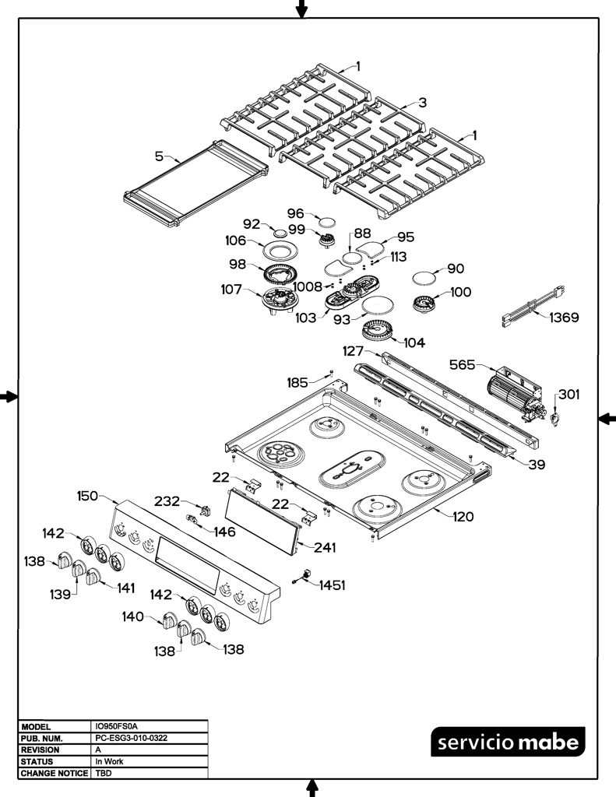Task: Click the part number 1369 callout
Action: coord(564,318)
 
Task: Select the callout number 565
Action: coord(462,365)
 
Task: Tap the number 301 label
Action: coord(569,395)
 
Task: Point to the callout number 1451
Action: coord(333,585)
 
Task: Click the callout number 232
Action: coord(167,501)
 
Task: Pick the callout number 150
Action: coord(87,496)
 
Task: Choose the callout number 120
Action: coord(463,517)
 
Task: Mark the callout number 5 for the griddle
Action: coord(159,156)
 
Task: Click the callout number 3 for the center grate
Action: coord(423,103)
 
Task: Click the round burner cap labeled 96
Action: coord(327,222)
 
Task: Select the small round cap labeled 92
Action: coord(280,233)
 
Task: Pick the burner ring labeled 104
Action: coord(378,331)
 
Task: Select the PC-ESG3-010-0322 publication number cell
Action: coord(132,738)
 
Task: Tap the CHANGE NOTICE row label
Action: coord(54,773)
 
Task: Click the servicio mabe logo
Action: coord(509,742)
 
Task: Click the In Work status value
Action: coord(109,761)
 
